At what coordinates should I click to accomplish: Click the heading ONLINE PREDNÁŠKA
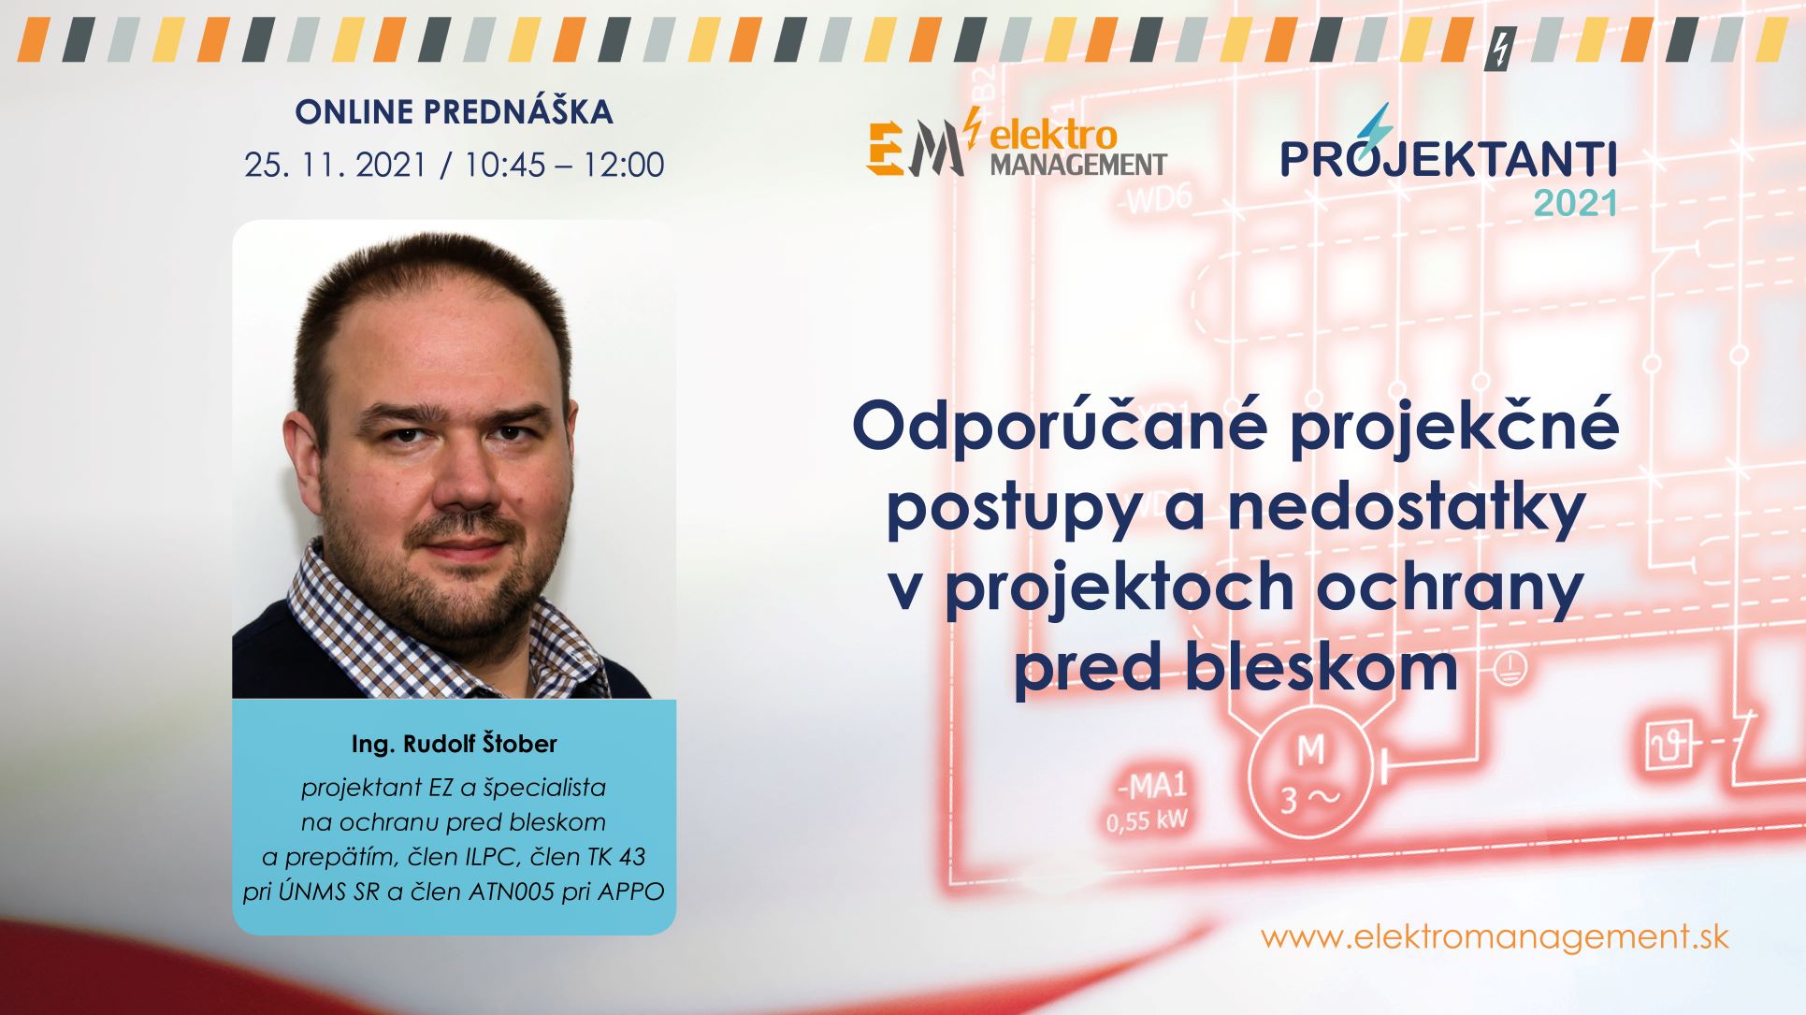[x=454, y=112]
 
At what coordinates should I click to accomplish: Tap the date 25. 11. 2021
[x=335, y=166]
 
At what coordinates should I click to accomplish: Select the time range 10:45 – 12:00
[x=564, y=166]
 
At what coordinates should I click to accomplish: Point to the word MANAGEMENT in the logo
[x=1077, y=166]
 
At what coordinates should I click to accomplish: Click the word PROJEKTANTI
[x=1448, y=159]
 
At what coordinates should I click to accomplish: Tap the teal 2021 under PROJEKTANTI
[x=1575, y=204]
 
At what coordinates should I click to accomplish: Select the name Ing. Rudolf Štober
[x=454, y=745]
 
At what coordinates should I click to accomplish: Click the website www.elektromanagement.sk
[x=1494, y=937]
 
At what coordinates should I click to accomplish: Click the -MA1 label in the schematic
[x=1149, y=787]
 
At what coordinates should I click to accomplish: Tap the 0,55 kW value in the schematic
[x=1146, y=821]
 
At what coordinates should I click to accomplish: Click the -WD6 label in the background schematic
[x=1157, y=200]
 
